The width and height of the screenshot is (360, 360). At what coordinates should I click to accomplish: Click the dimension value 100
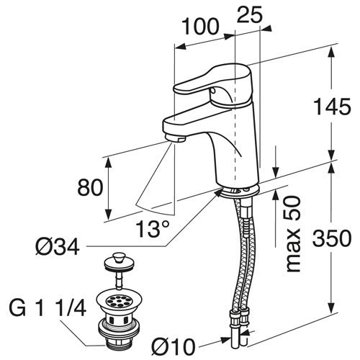pos(201,27)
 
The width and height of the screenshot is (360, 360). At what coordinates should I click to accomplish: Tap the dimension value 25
pos(250,15)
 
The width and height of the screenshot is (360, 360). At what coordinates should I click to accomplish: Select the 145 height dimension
pos(333,107)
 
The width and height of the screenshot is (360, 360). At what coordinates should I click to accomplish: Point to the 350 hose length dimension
pos(333,238)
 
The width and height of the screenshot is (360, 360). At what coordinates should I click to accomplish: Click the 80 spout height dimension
pos(90,187)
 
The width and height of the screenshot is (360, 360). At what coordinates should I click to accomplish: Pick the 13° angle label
pos(153,228)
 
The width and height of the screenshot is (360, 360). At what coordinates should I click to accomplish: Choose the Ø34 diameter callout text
pos(58,247)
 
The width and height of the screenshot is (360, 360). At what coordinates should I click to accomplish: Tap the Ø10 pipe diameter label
pos(174,347)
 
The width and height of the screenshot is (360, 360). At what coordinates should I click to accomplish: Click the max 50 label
pos(293,234)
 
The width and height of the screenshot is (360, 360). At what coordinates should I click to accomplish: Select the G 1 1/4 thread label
pos(48,308)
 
